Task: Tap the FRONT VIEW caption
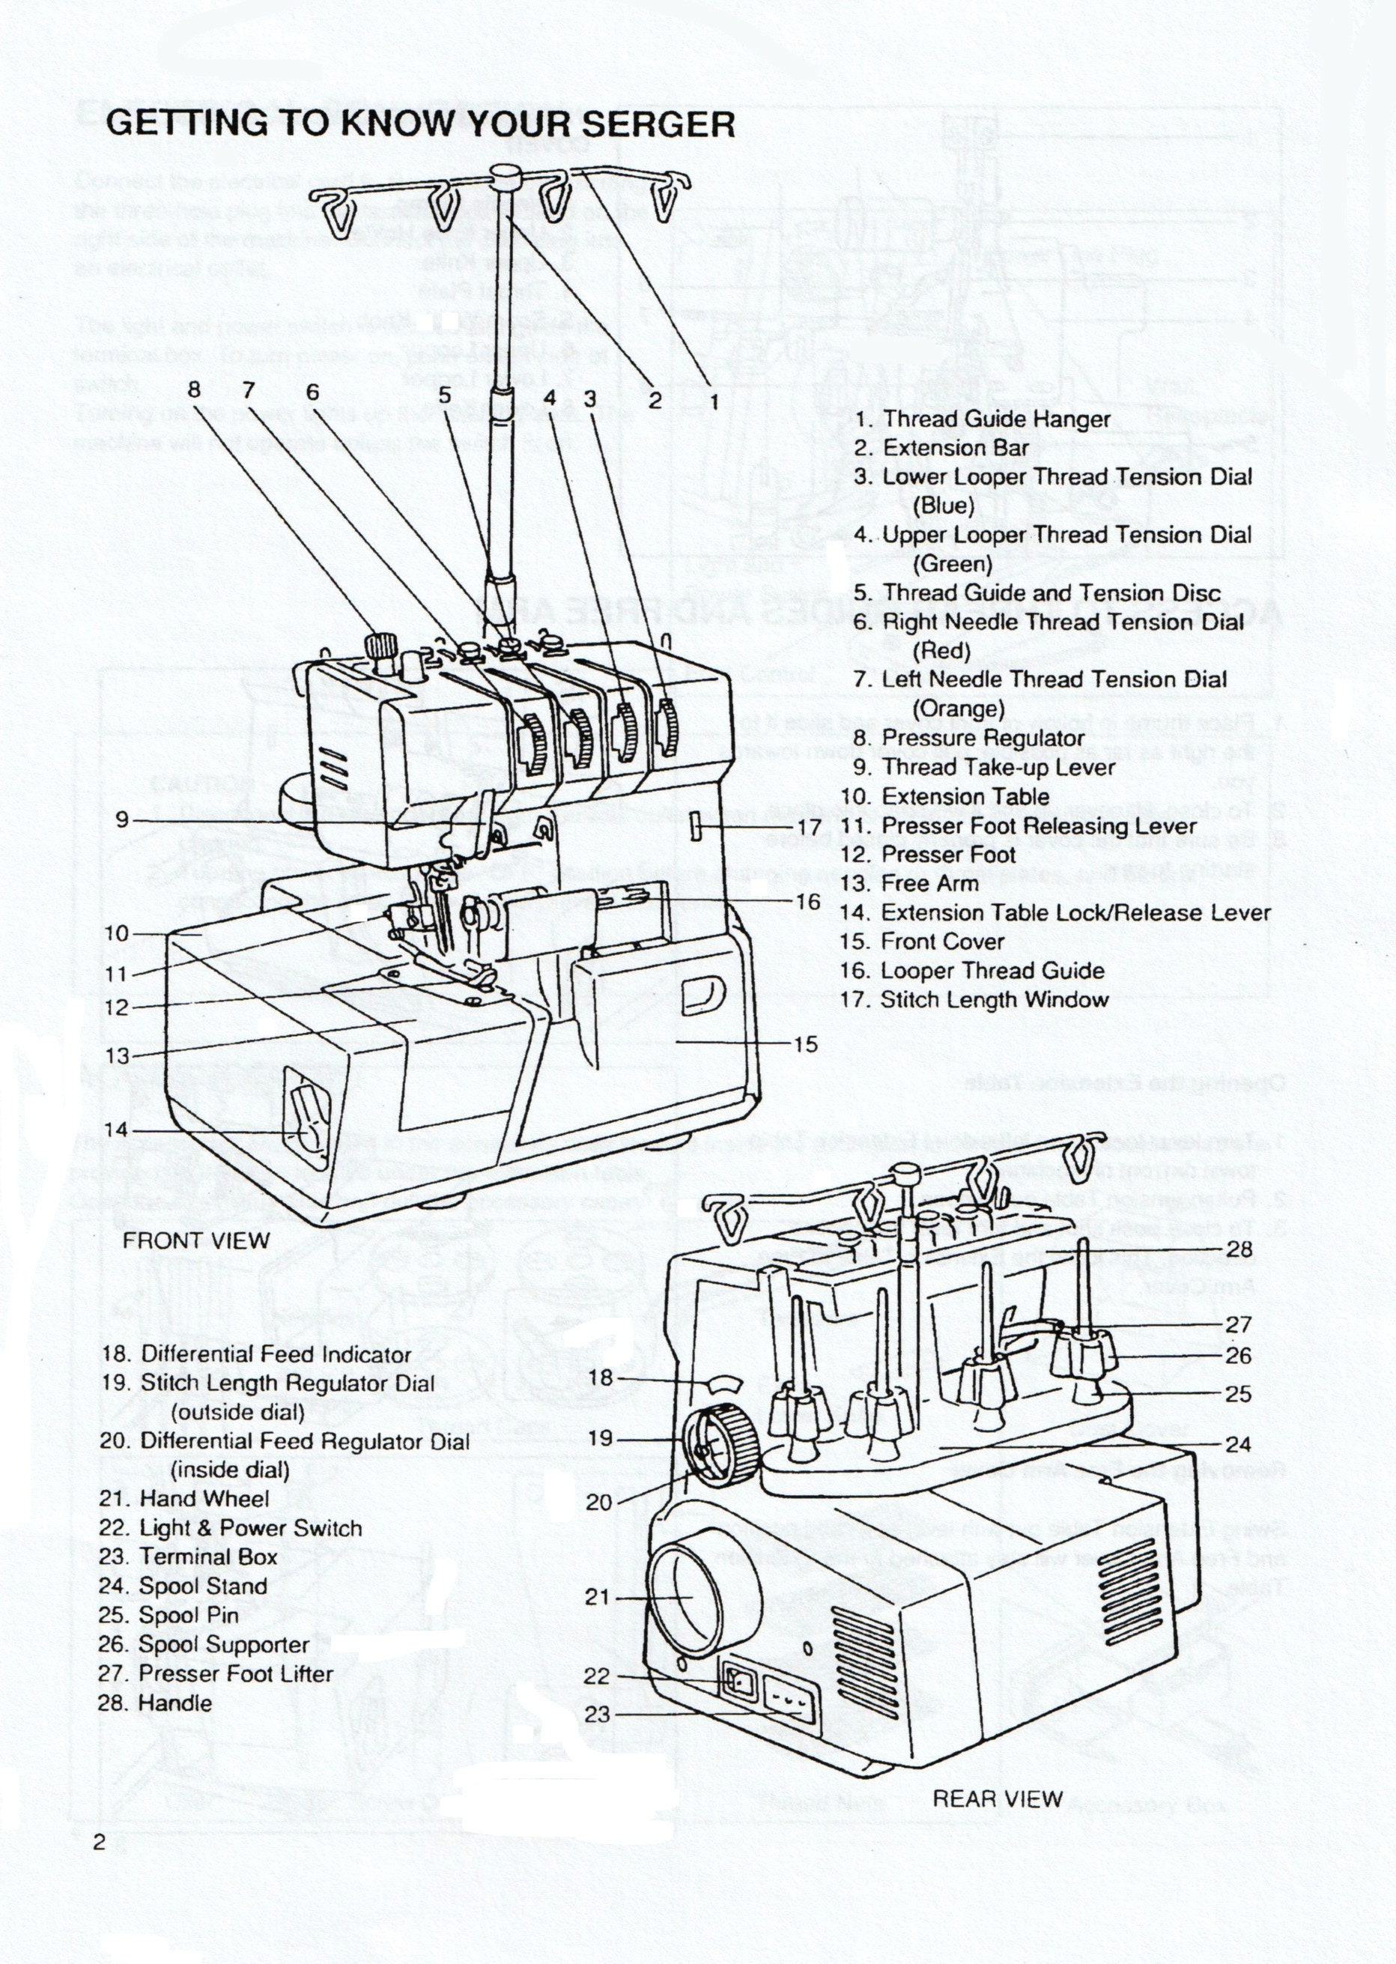click(196, 1240)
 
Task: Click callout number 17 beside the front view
click(809, 827)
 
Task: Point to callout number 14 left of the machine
click(116, 1130)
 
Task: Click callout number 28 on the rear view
click(1239, 1249)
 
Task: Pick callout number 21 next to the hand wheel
click(597, 1597)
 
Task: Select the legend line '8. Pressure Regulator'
click(969, 739)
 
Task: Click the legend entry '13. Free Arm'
click(908, 884)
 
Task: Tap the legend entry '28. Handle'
click(155, 1703)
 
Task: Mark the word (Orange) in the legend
click(958, 709)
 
